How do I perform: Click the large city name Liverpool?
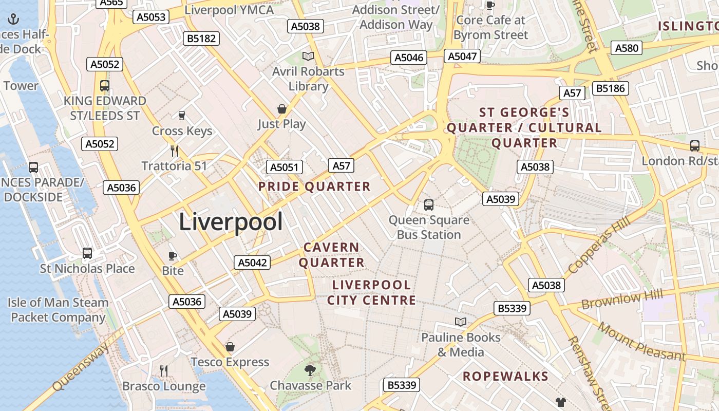pos(231,222)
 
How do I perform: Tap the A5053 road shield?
pos(151,17)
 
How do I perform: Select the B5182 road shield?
pos(202,39)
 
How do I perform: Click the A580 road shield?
pos(627,48)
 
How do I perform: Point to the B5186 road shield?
pos(611,88)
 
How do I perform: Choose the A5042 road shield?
pos(253,263)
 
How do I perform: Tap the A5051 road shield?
pos(284,167)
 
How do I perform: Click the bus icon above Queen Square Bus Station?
pos(429,205)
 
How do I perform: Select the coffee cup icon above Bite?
pos(173,256)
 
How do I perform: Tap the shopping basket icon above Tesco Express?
pos(230,347)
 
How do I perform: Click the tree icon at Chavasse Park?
pos(310,370)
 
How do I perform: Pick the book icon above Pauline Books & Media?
pos(461,322)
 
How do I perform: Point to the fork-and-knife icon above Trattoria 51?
pos(175,151)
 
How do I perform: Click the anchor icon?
pos(13,20)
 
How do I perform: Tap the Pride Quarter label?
pos(314,186)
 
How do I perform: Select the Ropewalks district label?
pos(505,377)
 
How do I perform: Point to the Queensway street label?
pos(81,367)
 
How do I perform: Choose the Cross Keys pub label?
pos(182,131)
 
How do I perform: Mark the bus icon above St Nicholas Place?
pos(87,253)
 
